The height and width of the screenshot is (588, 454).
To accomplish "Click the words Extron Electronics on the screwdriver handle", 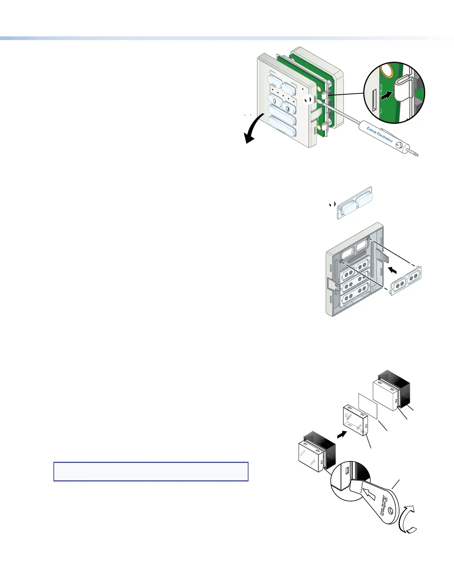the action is pyautogui.click(x=379, y=134).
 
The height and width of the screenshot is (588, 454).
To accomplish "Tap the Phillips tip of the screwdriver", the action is pyautogui.click(x=417, y=153).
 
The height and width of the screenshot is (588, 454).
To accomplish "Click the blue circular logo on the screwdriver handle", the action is pyautogui.click(x=399, y=146).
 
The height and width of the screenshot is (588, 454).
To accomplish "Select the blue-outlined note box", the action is pyautogui.click(x=151, y=471).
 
